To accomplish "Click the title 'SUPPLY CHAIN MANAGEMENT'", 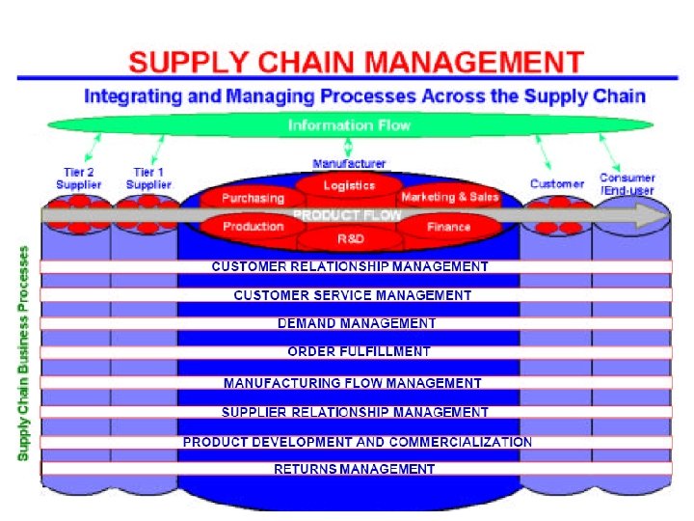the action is (x=356, y=63).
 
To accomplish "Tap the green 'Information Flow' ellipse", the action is (x=349, y=125).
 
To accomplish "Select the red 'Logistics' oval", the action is (x=349, y=185).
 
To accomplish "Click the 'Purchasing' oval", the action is (x=254, y=198).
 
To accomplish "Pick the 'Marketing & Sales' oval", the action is (x=450, y=197).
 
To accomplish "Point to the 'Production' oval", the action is (x=254, y=227).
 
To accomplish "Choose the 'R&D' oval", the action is (x=349, y=237).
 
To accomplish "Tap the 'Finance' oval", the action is (x=448, y=227).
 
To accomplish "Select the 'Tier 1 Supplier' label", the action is (x=148, y=178).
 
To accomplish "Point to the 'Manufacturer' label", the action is (x=349, y=164).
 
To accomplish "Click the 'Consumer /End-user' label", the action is (x=627, y=183).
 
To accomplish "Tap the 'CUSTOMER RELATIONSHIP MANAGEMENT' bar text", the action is (x=350, y=266).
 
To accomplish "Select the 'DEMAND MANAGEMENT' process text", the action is (x=357, y=323).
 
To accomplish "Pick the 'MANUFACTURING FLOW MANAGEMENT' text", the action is (x=353, y=383).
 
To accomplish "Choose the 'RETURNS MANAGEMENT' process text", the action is (x=355, y=469).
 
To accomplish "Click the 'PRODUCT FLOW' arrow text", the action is (x=347, y=214).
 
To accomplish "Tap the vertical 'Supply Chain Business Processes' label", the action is (x=23, y=352).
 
